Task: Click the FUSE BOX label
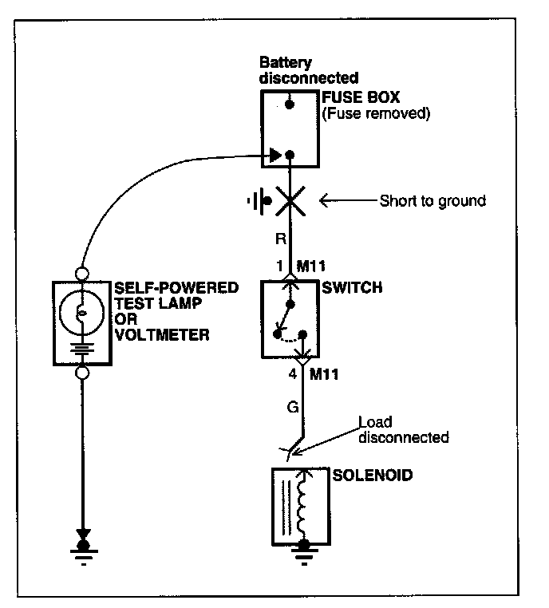(x=361, y=97)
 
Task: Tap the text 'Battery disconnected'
(x=309, y=70)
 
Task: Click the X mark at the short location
(x=290, y=201)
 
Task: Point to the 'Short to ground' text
(x=432, y=201)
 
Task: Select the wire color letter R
(x=281, y=239)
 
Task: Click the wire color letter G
(x=293, y=407)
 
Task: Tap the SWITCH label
(x=352, y=287)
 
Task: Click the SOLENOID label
(x=373, y=475)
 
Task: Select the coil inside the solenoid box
(x=302, y=505)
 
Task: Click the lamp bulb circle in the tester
(x=82, y=313)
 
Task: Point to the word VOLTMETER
(x=162, y=334)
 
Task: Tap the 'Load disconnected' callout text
(x=403, y=429)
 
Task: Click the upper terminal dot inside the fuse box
(x=289, y=104)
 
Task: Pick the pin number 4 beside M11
(x=293, y=374)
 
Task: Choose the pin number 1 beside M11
(x=280, y=266)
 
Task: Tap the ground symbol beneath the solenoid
(x=304, y=554)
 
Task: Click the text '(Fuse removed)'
(x=376, y=113)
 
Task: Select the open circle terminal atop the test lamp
(x=82, y=274)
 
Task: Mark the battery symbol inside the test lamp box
(x=82, y=349)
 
